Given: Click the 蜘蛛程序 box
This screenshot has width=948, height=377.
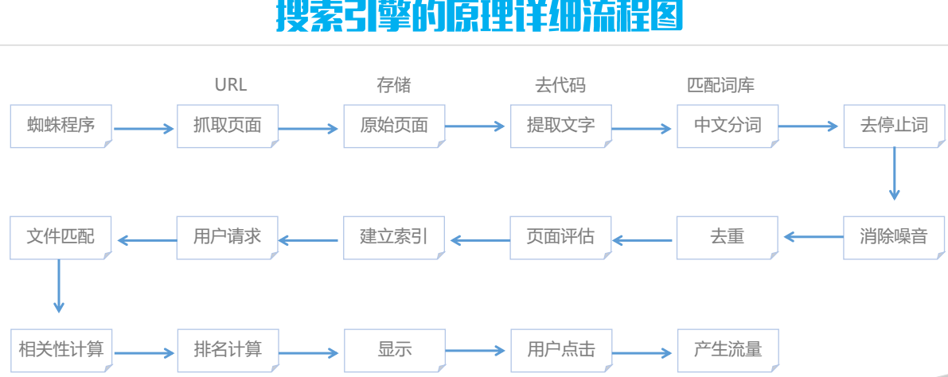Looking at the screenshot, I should point(60,126).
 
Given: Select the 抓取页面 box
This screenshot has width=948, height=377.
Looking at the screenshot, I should point(228,126).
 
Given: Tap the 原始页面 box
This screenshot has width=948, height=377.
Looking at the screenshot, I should point(394,126).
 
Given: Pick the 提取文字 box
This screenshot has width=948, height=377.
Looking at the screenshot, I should point(561,126).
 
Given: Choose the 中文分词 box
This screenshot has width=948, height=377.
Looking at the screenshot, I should point(728,126).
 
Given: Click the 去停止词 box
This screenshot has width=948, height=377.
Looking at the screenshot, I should point(894,126).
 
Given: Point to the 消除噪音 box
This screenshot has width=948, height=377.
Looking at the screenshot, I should point(894,237).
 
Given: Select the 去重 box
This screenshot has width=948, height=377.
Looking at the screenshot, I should point(728,237).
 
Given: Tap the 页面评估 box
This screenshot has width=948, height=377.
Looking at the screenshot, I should point(561,237).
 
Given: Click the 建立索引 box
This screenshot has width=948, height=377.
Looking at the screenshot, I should point(394,237).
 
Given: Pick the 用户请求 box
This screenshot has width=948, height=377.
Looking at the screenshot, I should point(228,237).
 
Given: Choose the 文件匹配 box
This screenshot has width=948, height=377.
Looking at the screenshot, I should point(60,237).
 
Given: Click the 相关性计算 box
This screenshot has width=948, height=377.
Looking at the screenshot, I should point(60,349).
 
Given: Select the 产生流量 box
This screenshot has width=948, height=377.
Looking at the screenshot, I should point(728,349).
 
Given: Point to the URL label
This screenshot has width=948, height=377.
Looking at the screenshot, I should point(231,85).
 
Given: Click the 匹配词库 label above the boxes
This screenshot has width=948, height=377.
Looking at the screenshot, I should point(720,85).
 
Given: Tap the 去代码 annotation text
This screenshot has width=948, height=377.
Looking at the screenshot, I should point(560,85).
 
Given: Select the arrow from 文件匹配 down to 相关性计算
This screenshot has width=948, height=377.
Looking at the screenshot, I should point(58,286).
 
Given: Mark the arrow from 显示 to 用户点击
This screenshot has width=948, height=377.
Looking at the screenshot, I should point(476,350).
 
